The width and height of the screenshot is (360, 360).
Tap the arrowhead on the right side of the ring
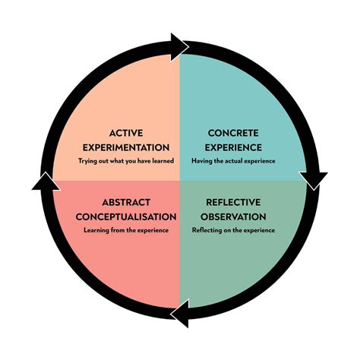click(314, 180)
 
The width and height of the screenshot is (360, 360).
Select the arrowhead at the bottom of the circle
click(179, 313)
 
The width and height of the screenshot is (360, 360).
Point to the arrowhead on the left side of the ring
click(46, 181)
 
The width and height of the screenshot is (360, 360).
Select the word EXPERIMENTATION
click(125, 147)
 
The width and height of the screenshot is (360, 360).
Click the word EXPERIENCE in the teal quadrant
click(230, 147)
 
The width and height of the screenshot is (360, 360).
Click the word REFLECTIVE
click(232, 202)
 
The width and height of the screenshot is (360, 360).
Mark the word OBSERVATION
click(232, 216)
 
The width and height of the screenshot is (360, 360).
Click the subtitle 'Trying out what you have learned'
click(125, 161)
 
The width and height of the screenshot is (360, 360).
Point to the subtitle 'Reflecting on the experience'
click(232, 229)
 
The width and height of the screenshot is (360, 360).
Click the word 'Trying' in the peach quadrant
click(87, 161)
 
